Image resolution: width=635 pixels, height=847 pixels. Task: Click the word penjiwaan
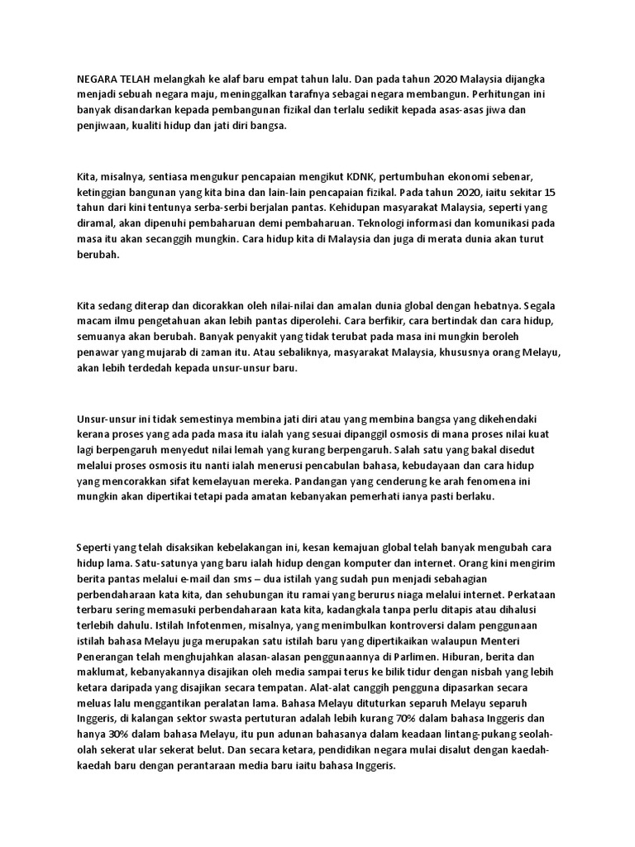point(102,127)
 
